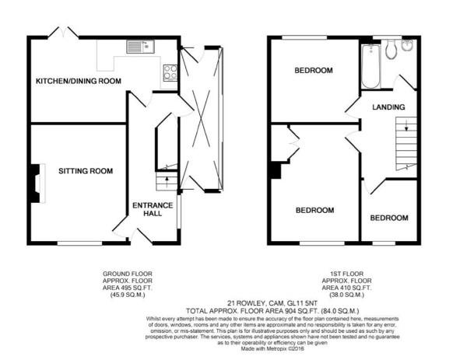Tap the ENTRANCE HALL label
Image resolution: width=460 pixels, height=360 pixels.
pyautogui.click(x=152, y=209)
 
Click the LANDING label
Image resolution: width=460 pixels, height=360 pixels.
pyautogui.click(x=388, y=107)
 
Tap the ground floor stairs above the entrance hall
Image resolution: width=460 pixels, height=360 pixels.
pyautogui.click(x=164, y=182)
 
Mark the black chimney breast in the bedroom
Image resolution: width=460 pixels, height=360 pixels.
pyautogui.click(x=275, y=170)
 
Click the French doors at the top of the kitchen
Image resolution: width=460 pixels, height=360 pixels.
pyautogui.click(x=63, y=33)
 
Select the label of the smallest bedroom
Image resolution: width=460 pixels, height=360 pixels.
pyautogui.click(x=388, y=218)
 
